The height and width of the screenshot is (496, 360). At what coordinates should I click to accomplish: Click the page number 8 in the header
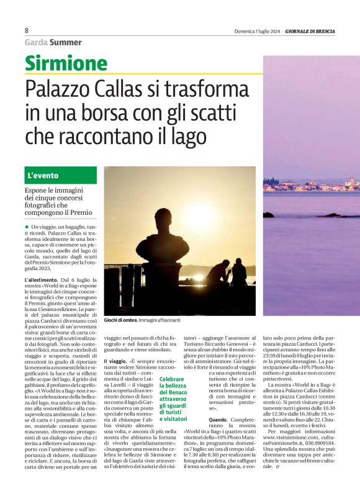point(27,30)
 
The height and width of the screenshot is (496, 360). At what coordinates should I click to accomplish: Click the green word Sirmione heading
point(66,63)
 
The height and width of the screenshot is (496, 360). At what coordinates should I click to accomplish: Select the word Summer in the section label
point(66,42)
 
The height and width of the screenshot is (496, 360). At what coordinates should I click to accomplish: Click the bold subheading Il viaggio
point(115,361)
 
